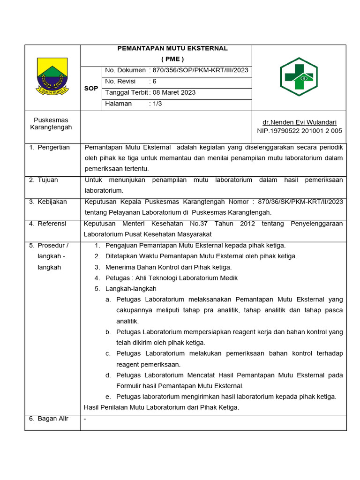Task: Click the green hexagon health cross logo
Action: click(x=299, y=76)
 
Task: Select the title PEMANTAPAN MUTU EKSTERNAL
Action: click(x=172, y=48)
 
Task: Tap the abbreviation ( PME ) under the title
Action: click(x=172, y=59)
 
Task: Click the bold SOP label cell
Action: click(x=91, y=88)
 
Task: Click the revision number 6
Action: click(x=155, y=81)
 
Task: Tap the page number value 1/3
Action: click(x=157, y=104)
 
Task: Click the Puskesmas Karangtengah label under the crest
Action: click(x=51, y=124)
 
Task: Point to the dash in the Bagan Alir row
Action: click(x=85, y=419)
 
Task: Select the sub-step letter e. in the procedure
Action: click(x=108, y=397)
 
